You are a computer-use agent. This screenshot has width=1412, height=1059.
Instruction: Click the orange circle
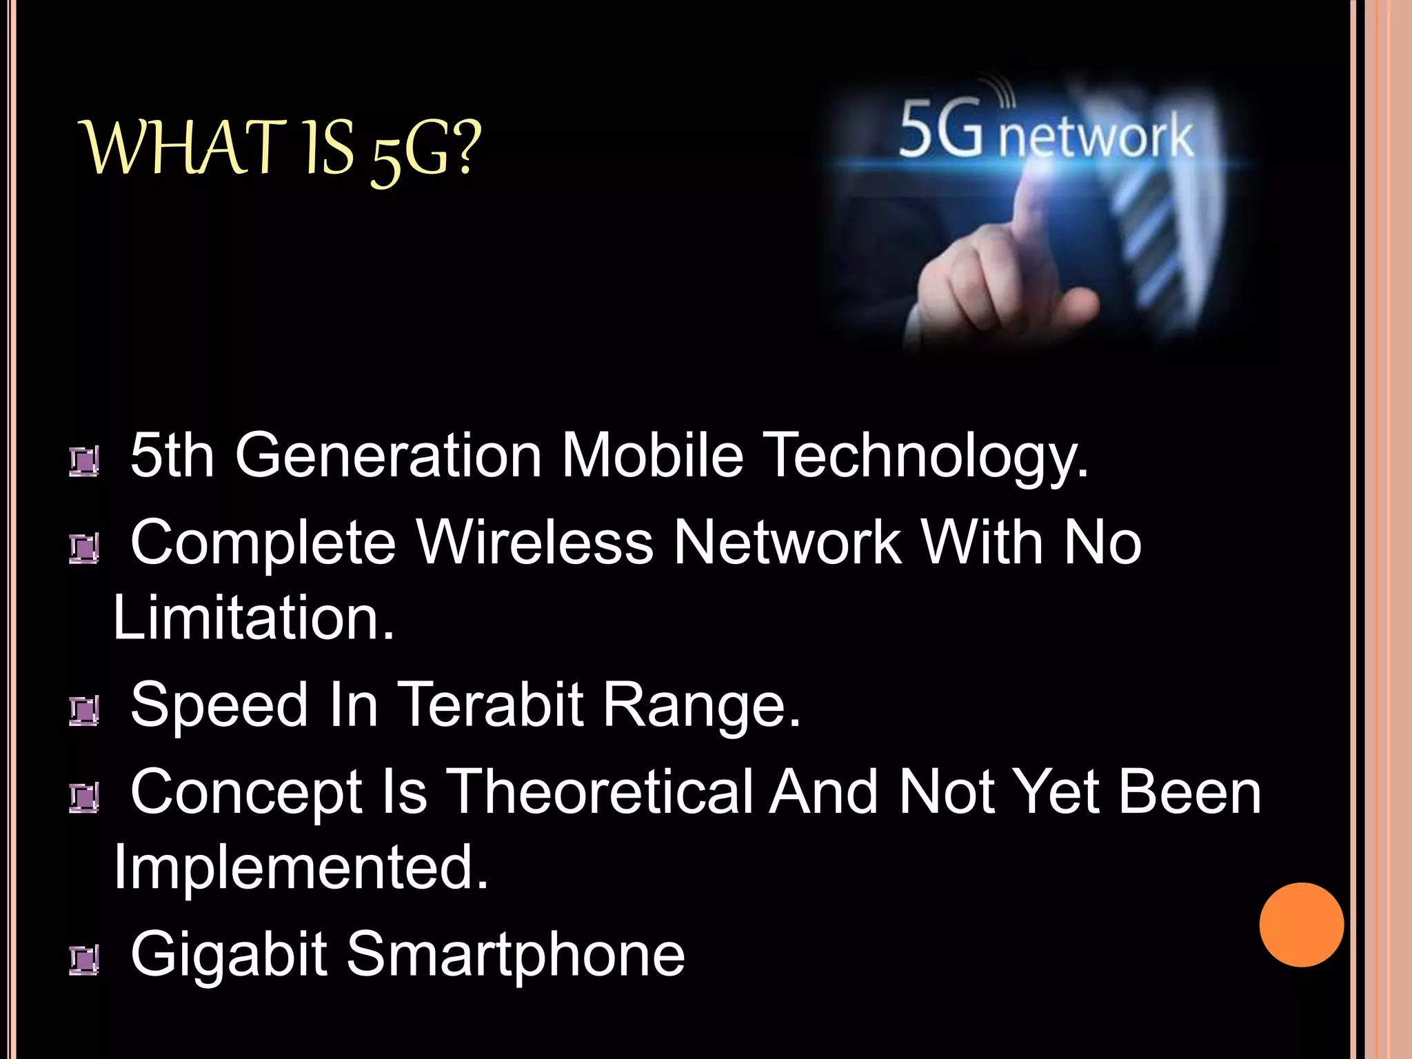[1301, 925]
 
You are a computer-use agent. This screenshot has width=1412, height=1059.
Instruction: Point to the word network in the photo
[1096, 137]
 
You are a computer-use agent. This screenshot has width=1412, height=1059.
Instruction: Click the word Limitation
[253, 618]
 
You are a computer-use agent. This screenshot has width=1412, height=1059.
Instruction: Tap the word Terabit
[491, 705]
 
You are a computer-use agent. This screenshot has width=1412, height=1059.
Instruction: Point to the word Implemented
[301, 868]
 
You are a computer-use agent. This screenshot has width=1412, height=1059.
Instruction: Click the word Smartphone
[515, 955]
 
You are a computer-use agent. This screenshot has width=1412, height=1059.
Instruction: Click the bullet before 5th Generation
[83, 461]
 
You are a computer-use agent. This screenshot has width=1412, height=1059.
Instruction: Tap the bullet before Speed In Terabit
[83, 711]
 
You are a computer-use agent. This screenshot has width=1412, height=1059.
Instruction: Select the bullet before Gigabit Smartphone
[83, 960]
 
